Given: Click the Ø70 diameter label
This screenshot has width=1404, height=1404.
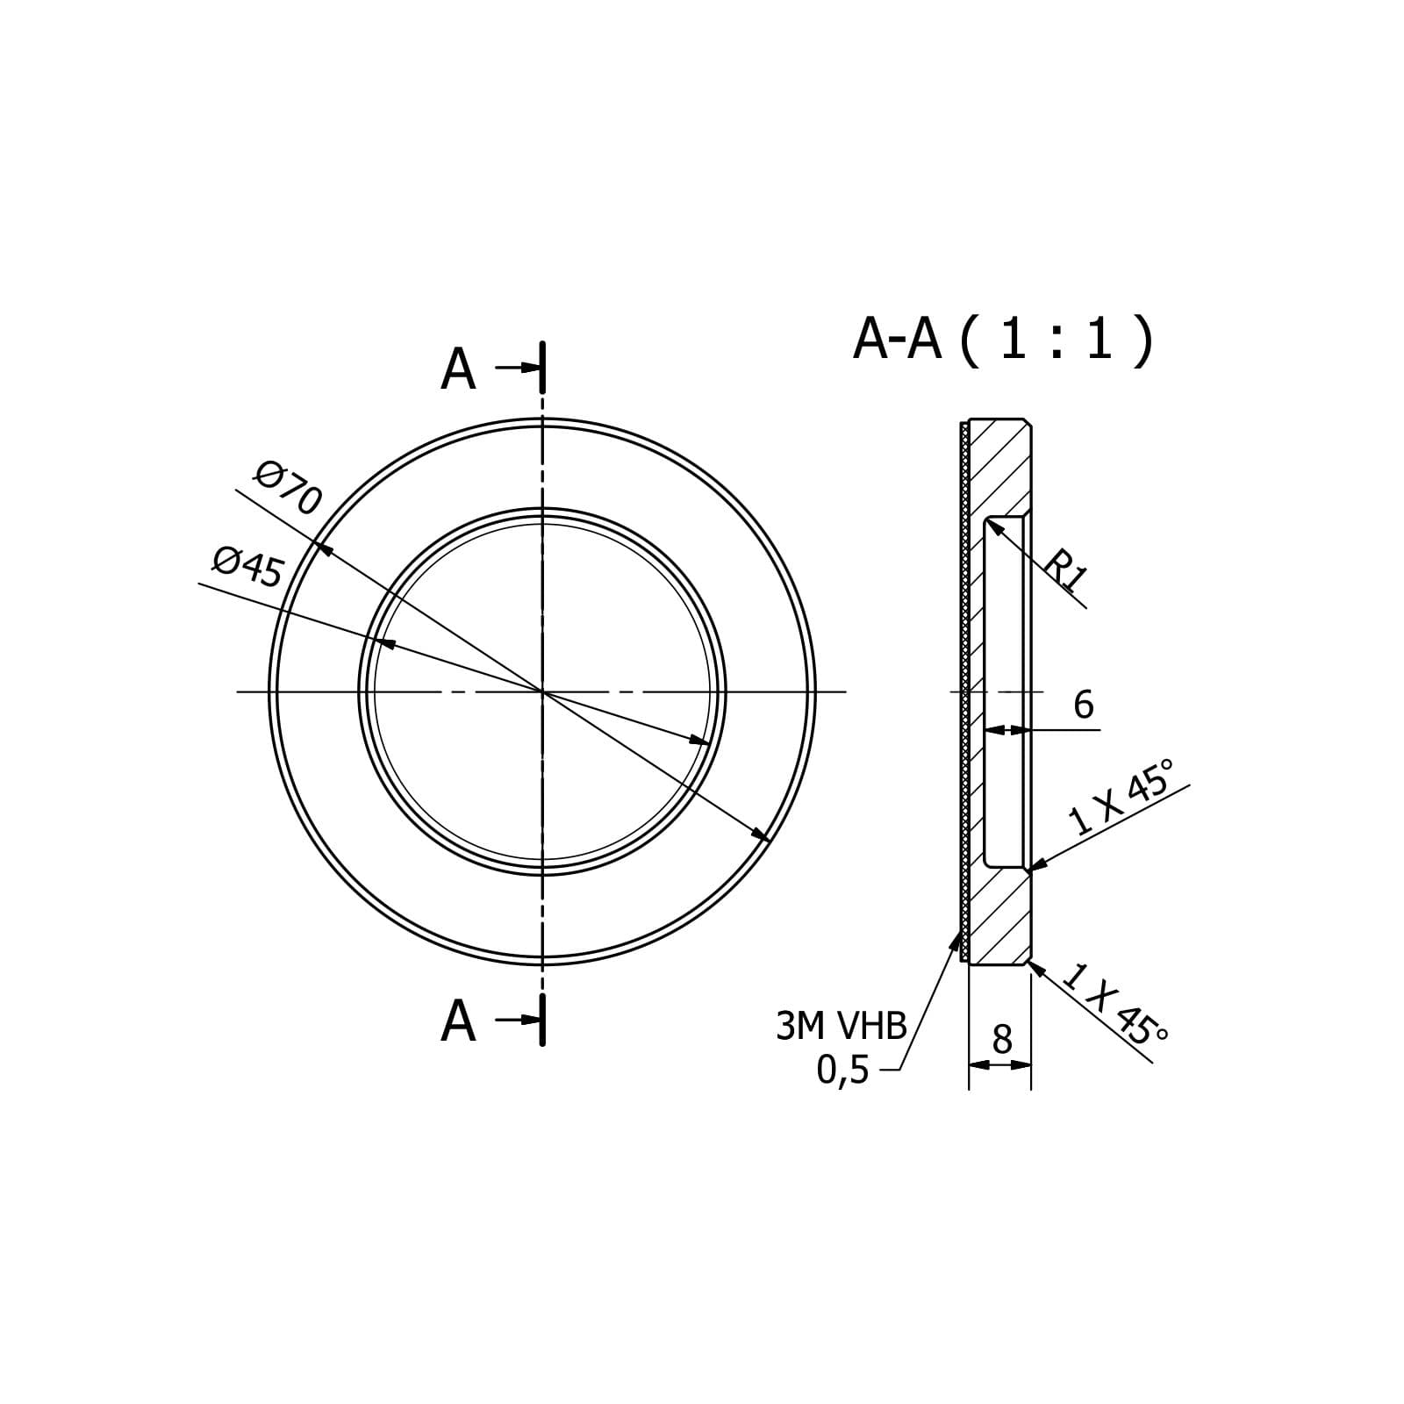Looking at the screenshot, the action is [288, 489].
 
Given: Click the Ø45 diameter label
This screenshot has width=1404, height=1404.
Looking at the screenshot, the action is [248, 567].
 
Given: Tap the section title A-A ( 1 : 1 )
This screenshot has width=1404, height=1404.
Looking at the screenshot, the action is [1003, 340].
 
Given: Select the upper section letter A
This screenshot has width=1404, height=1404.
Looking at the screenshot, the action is [458, 369].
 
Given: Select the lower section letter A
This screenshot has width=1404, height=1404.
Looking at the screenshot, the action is [458, 1021].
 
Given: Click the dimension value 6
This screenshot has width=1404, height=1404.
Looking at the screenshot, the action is [1084, 705].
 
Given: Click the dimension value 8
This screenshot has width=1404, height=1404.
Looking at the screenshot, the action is [1001, 1040].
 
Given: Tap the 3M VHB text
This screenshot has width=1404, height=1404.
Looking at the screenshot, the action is [841, 1026].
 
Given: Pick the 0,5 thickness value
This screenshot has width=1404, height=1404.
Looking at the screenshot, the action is [842, 1070].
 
